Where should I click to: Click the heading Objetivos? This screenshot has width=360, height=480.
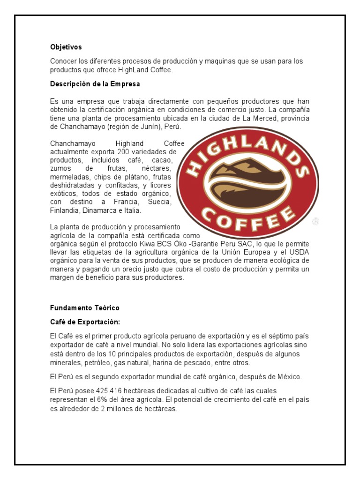point(66,47)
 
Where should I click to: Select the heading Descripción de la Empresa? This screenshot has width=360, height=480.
point(95,84)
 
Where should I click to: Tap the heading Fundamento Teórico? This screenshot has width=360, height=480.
point(85,308)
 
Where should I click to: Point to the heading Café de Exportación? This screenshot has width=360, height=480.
point(85,322)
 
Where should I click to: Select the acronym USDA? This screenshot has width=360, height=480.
point(300,253)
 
